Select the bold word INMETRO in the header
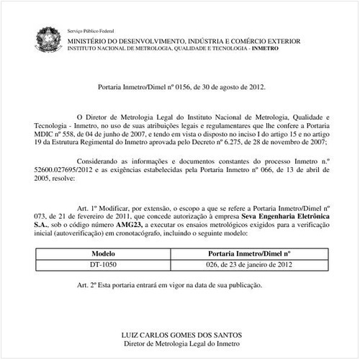point(287,48)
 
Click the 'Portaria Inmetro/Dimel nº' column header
point(248,254)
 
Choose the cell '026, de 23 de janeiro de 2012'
point(248,265)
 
